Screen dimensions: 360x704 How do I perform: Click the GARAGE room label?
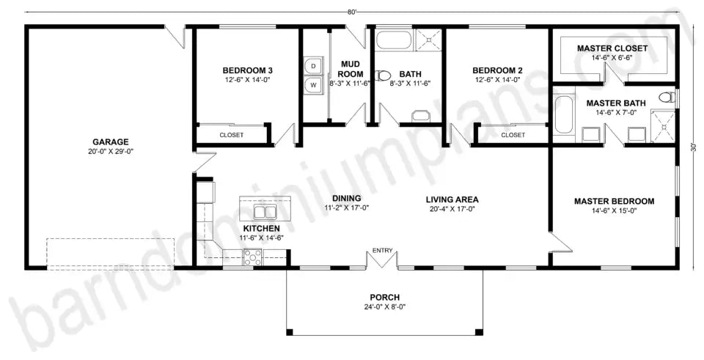coord(110,142)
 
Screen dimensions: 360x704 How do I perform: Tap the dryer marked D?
coord(314,67)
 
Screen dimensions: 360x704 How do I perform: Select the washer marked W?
coord(314,86)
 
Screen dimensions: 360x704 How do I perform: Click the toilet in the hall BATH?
coord(383,75)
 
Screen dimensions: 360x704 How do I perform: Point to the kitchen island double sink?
coord(264,212)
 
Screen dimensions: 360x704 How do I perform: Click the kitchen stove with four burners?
coord(253,257)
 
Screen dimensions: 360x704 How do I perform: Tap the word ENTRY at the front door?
coord(382,251)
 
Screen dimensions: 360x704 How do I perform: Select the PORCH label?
coord(384,297)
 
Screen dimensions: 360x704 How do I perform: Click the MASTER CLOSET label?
coord(612,48)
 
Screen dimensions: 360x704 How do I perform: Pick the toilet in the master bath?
coord(666,97)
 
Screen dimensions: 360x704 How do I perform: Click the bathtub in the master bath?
coord(563,116)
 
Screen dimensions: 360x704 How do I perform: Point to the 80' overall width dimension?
coord(352,12)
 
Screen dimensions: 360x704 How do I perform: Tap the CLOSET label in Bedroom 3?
coord(231,135)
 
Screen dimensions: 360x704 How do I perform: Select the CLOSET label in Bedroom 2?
coord(513,135)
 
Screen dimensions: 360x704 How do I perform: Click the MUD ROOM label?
coord(351,69)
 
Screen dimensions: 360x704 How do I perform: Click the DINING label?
coord(346,198)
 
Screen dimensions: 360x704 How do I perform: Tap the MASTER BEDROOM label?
coord(614,201)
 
